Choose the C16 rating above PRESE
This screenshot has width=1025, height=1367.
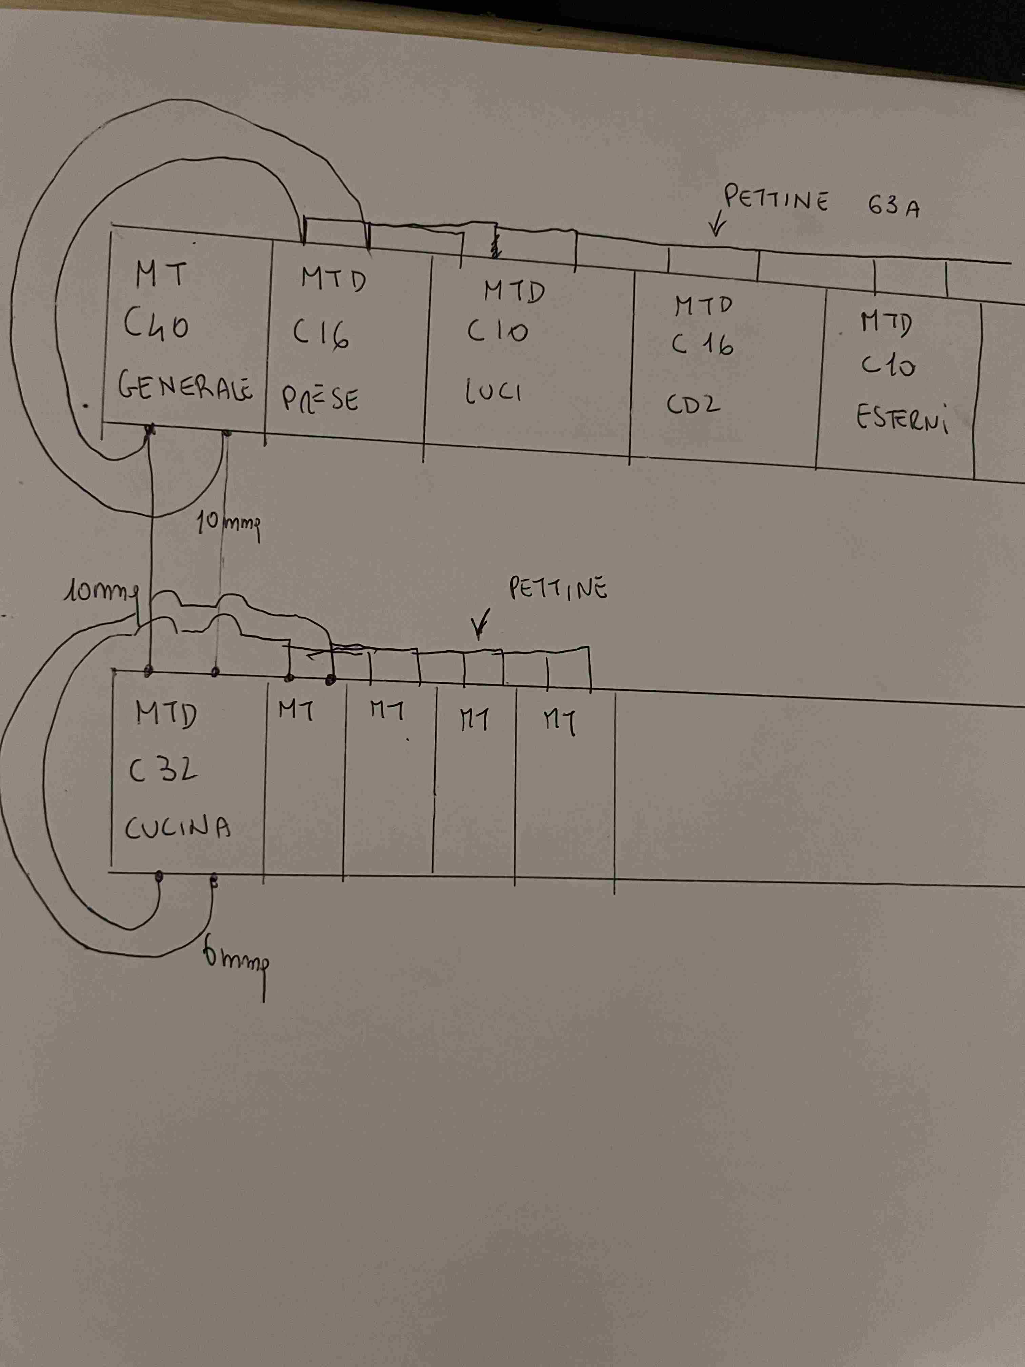click(x=321, y=336)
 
